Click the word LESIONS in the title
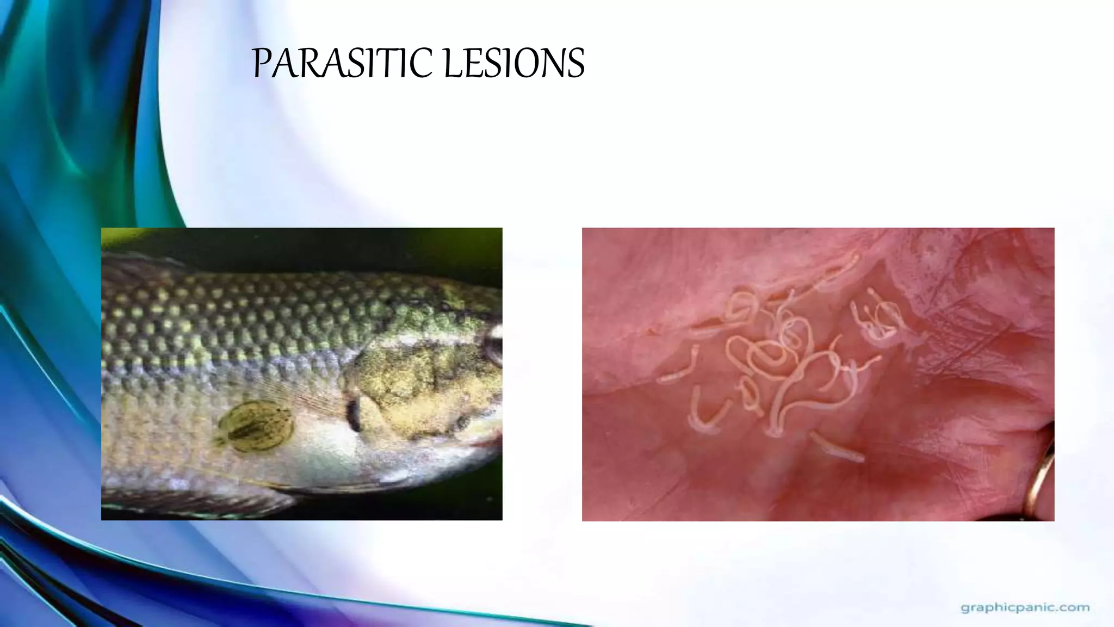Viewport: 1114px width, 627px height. point(513,63)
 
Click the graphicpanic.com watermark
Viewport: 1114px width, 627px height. point(1025,607)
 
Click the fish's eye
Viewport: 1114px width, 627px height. point(494,348)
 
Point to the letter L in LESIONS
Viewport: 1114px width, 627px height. point(451,64)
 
